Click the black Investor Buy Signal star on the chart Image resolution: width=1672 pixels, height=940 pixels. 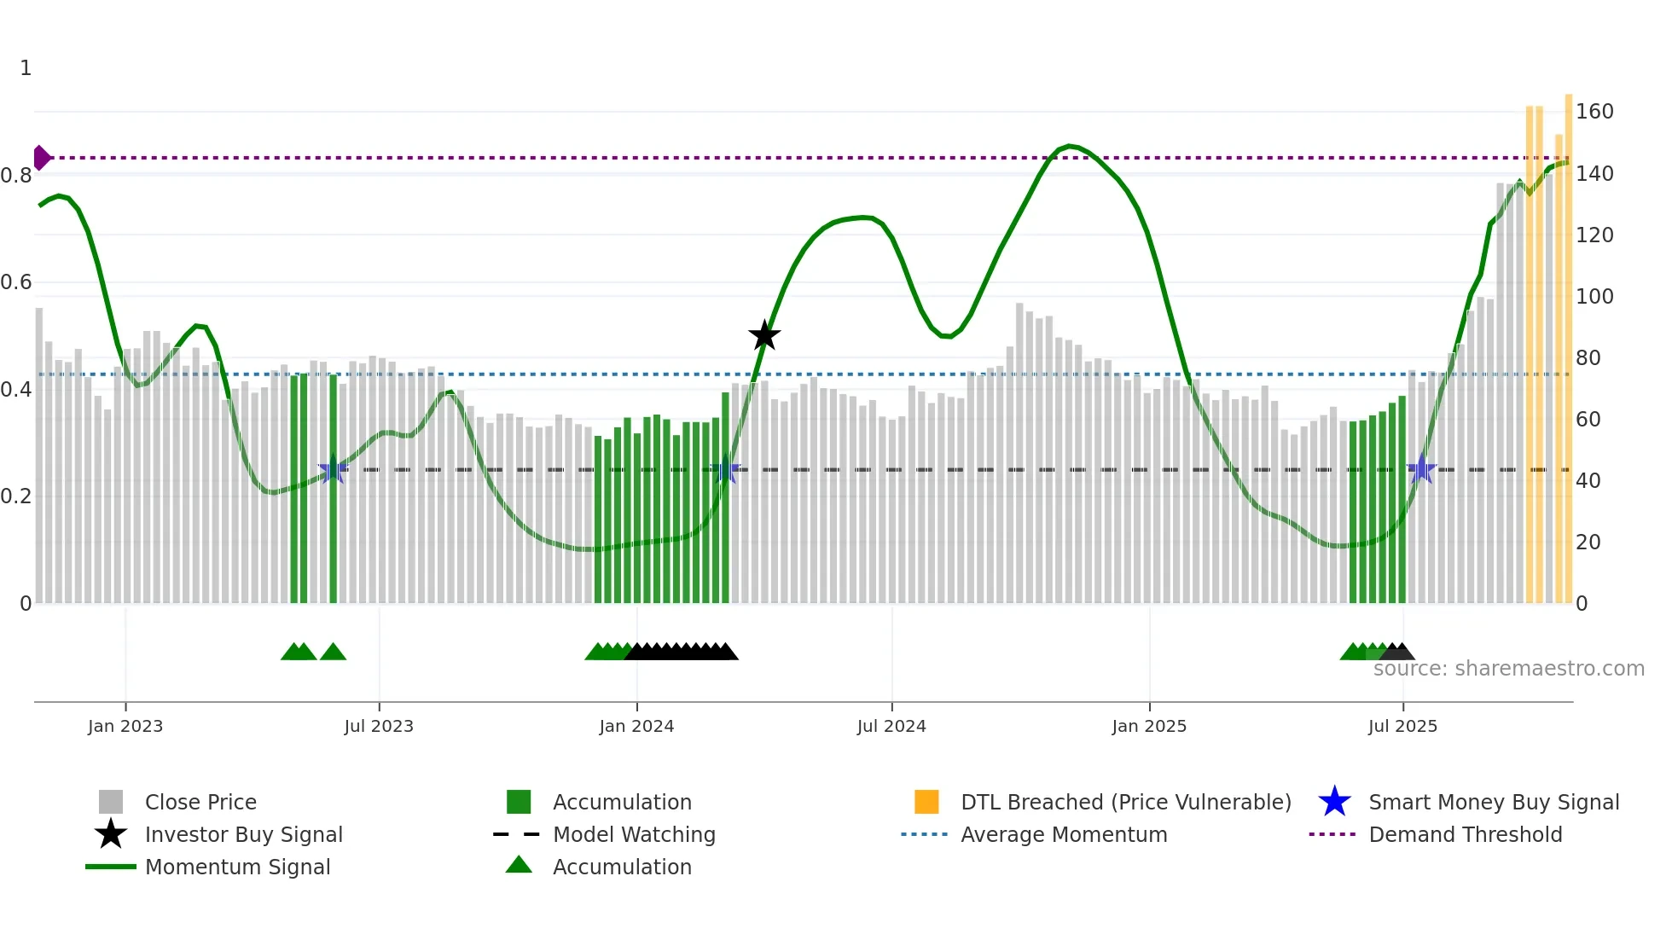coord(764,335)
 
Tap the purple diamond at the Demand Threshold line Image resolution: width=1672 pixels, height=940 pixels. coord(41,158)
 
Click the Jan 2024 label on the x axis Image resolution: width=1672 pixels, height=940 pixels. coord(636,726)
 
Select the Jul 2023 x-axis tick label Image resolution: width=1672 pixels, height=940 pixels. coord(379,726)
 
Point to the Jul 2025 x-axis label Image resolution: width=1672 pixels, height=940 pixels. coord(1402,726)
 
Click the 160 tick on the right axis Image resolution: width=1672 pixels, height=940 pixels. coord(1594,112)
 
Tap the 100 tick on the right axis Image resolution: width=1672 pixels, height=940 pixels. coord(1594,296)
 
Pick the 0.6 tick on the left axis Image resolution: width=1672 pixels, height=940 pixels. coord(16,282)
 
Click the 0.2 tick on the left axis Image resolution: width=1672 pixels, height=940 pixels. coord(16,496)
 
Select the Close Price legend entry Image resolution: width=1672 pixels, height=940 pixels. coord(200,802)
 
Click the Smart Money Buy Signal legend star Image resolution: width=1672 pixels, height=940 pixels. coord(1334,802)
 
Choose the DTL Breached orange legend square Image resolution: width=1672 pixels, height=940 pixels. coord(926,802)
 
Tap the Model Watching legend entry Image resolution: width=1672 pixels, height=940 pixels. coord(634,834)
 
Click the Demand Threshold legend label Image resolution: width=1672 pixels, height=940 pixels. coord(1465,834)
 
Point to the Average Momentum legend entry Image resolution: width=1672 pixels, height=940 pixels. coord(1064,834)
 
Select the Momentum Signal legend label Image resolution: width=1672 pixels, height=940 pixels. coord(237,867)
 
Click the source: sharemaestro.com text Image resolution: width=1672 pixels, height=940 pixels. coord(1508,669)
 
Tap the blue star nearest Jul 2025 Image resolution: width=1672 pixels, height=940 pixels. coord(1421,469)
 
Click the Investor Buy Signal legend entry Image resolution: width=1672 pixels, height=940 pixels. coord(243,834)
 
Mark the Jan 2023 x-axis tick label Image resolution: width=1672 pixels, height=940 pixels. coord(125,726)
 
